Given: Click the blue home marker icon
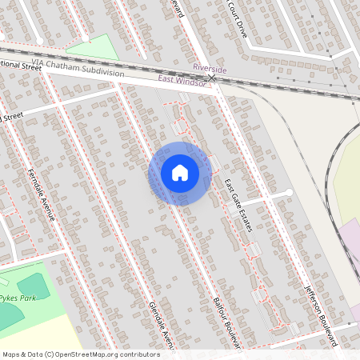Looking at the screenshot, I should click(180, 172).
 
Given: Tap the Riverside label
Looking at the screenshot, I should click(210, 70).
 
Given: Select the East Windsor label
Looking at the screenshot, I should click(182, 78).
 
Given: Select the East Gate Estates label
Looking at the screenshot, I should click(238, 206).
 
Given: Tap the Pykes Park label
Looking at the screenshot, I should click(18, 298).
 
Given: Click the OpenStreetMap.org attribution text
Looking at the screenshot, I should click(102, 354).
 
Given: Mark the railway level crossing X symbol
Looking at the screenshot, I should click(212, 78).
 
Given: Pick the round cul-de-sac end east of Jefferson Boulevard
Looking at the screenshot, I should click(289, 193).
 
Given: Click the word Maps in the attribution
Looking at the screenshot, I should click(12, 354).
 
